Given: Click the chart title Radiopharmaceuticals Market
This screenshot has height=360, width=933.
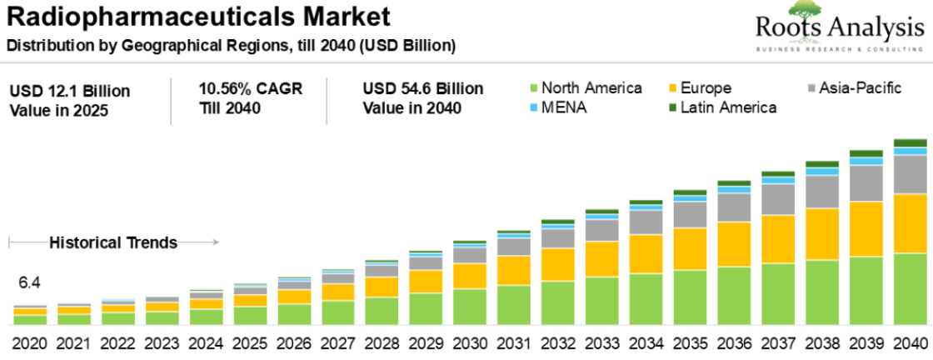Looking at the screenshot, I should pyautogui.click(x=198, y=16).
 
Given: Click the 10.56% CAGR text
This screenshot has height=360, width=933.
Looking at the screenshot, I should pyautogui.click(x=250, y=88).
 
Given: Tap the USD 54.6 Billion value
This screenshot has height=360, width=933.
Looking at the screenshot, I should pyautogui.click(x=423, y=88).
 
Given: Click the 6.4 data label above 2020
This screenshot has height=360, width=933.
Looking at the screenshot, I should pyautogui.click(x=29, y=282).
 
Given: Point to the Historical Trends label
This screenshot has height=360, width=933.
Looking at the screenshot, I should pyautogui.click(x=113, y=242).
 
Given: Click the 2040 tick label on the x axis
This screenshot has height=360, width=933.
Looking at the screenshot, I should pyautogui.click(x=910, y=342).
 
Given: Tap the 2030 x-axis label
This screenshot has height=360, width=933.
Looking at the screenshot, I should pyautogui.click(x=470, y=342).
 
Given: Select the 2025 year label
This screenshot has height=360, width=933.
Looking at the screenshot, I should pyautogui.click(x=250, y=342).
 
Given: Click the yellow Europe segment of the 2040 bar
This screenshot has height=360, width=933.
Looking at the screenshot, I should pyautogui.click(x=910, y=223).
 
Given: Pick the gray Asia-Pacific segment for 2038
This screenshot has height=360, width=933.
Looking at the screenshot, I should pyautogui.click(x=821, y=192).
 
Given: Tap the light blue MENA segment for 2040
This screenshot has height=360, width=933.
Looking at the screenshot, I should pyautogui.click(x=910, y=151).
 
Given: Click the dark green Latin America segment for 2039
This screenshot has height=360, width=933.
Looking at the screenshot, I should pyautogui.click(x=866, y=153).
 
